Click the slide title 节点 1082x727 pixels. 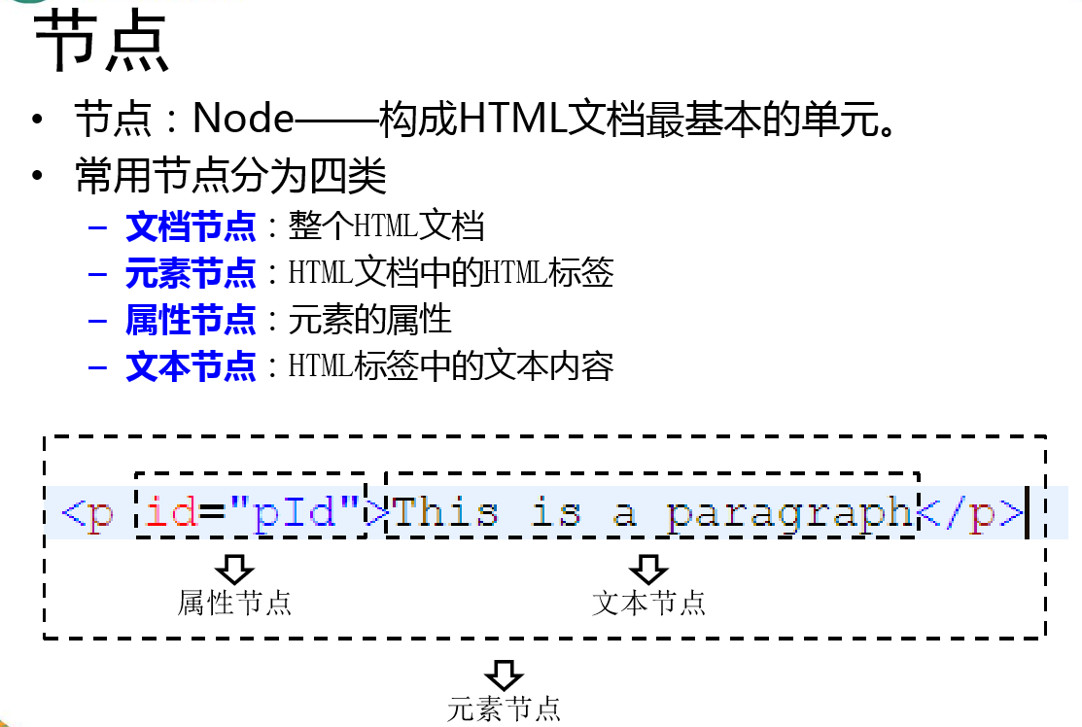pos(102,45)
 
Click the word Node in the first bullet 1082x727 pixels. pos(243,119)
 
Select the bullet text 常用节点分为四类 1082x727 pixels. pos(231,177)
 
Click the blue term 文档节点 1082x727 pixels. pos(191,227)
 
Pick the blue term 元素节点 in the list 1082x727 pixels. pos(191,273)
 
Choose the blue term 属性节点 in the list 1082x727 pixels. pos(191,320)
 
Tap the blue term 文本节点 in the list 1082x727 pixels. pos(191,366)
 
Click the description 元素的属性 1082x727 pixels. pos(370,320)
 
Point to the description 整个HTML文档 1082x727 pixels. pos(386,227)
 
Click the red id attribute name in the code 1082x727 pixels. pos(171,512)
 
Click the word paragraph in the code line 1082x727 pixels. pos(791,512)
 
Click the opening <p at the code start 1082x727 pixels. pos(87,512)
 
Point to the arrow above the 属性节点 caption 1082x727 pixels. pos(234,569)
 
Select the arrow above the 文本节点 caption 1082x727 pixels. pos(648,569)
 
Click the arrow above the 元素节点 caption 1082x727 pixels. pos(504,674)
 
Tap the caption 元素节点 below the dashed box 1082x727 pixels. pos(504,709)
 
